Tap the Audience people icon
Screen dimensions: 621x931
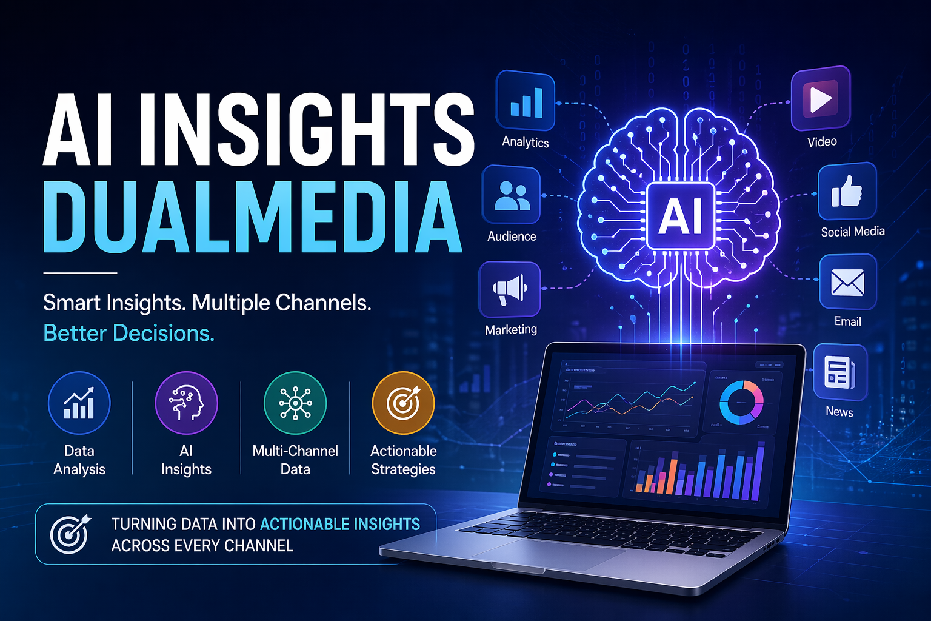(511, 195)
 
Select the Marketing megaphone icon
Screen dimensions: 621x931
(510, 289)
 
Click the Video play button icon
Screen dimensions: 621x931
(821, 98)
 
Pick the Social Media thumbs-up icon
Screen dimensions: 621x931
(847, 191)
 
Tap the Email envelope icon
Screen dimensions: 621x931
(847, 283)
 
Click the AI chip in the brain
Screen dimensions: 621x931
(681, 216)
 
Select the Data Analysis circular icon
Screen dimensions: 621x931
(79, 403)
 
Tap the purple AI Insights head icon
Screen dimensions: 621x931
(186, 403)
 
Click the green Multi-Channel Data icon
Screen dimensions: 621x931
(295, 403)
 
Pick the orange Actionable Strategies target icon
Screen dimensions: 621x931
(403, 403)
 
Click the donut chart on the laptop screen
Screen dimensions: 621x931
(741, 402)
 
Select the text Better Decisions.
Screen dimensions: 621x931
(129, 333)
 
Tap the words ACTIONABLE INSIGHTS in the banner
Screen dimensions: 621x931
(340, 524)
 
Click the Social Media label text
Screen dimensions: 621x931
(853, 232)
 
